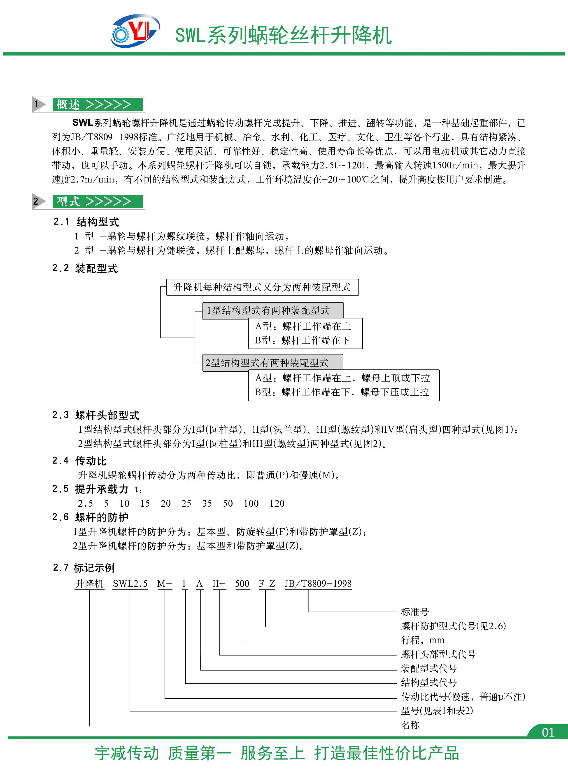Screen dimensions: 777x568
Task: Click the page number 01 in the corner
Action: (548, 732)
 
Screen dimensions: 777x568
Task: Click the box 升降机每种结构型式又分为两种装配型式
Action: (262, 287)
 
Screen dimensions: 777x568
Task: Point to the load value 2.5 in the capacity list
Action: (85, 503)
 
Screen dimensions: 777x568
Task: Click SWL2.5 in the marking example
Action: (130, 583)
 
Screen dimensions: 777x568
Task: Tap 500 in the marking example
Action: (242, 583)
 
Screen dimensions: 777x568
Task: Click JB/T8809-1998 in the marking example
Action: (318, 583)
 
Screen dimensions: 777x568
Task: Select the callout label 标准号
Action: (415, 612)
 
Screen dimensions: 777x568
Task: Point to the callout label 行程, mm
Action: (423, 640)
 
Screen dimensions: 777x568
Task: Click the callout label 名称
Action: (410, 725)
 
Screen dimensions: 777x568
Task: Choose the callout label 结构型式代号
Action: (429, 682)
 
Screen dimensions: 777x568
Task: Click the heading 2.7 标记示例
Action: (84, 568)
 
